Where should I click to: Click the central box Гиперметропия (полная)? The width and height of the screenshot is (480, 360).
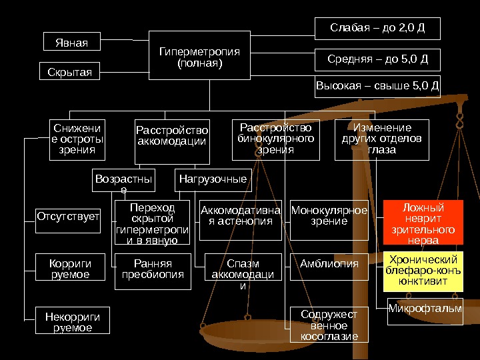(x=199, y=58)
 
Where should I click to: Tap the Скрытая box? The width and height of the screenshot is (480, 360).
(x=70, y=71)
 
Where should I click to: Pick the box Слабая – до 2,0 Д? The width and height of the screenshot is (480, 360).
(x=377, y=29)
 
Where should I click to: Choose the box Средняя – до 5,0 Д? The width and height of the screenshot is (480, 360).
(x=377, y=59)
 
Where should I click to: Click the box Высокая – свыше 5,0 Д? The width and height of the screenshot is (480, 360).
(x=377, y=87)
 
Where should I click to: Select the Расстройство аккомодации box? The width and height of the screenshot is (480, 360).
(x=172, y=141)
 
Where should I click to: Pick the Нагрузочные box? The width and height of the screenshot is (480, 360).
(x=213, y=180)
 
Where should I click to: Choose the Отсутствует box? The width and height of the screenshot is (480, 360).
(x=68, y=216)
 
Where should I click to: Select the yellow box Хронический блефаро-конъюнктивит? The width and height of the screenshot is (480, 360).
(x=423, y=271)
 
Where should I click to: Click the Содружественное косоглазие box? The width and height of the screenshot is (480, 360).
(x=329, y=325)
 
